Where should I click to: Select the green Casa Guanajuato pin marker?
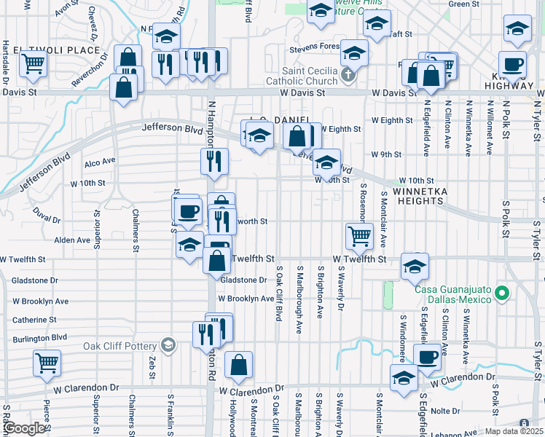pyautogui.click(x=501, y=294)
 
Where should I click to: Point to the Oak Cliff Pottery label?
pyautogui.click(x=120, y=346)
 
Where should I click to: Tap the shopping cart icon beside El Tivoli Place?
pyautogui.click(x=33, y=63)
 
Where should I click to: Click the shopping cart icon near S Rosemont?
pyautogui.click(x=359, y=235)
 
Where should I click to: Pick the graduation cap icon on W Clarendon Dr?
pyautogui.click(x=404, y=379)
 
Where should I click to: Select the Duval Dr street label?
pyautogui.click(x=47, y=215)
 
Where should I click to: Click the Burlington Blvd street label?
pyautogui.click(x=40, y=337)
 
